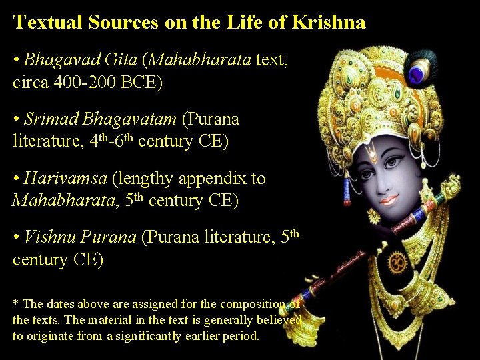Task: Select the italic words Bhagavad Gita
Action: pos(80,60)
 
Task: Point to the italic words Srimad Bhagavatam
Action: pos(100,119)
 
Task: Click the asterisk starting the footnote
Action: pos(15,304)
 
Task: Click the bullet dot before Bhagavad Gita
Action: pos(16,61)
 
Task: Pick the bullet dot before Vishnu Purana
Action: pos(16,239)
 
